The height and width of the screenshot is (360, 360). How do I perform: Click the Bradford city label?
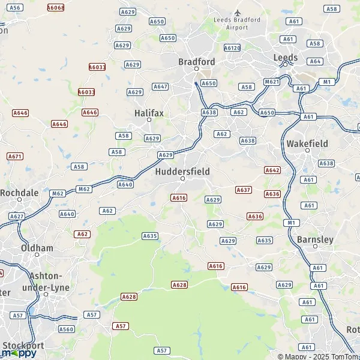(x=197, y=61)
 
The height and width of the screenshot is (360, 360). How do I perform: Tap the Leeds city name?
(x=285, y=58)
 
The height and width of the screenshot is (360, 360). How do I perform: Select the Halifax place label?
(x=149, y=112)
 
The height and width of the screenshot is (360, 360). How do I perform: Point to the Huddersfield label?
(x=182, y=172)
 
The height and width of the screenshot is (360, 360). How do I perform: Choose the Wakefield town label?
(x=307, y=144)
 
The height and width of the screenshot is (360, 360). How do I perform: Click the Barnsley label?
(x=315, y=239)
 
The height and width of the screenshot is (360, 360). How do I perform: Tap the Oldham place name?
(x=37, y=248)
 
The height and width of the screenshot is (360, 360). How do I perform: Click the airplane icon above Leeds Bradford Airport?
(x=238, y=12)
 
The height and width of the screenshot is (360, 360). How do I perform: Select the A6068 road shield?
(x=55, y=8)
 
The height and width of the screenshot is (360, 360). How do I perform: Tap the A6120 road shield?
(x=232, y=47)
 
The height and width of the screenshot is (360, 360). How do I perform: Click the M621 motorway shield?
(x=272, y=82)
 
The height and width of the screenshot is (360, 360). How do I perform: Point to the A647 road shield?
(x=160, y=86)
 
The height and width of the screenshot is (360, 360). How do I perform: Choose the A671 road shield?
(x=15, y=156)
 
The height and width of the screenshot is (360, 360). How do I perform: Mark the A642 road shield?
(x=272, y=170)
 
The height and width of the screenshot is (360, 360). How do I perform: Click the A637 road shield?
(x=243, y=190)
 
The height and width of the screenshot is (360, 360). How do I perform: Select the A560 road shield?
(x=66, y=329)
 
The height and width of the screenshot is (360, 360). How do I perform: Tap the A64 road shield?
(x=316, y=61)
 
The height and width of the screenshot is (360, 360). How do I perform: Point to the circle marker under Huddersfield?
(x=183, y=179)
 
